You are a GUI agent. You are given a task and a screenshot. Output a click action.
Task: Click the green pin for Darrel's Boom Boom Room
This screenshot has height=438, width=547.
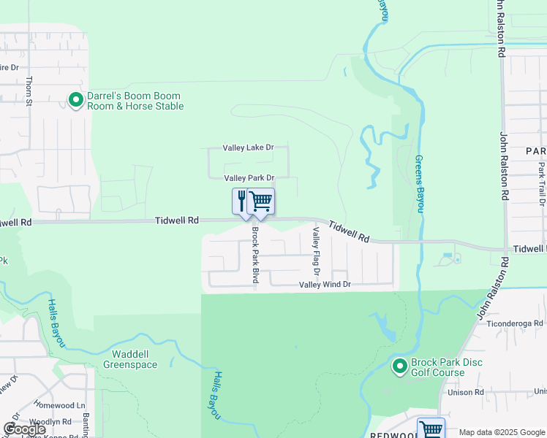point(75,100)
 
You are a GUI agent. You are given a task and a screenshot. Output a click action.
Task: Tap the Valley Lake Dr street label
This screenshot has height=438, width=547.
point(249,147)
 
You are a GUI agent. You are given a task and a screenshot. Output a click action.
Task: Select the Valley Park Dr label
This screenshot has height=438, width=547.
point(249,178)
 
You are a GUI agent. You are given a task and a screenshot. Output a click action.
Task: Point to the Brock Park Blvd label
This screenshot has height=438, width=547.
point(256,255)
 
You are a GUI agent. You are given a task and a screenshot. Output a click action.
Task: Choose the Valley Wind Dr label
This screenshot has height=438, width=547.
point(325,284)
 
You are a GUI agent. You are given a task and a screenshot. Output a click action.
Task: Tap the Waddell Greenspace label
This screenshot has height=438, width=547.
point(130,360)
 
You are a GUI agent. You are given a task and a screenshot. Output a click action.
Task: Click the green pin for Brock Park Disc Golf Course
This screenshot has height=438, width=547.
point(399,366)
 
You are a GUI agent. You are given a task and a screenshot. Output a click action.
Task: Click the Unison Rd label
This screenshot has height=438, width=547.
point(468,392)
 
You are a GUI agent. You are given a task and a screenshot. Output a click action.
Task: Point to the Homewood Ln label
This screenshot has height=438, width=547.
point(60,406)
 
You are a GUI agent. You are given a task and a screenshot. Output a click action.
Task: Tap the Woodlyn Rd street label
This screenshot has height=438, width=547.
point(50,422)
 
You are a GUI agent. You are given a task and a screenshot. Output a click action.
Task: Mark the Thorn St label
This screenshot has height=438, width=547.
point(29,91)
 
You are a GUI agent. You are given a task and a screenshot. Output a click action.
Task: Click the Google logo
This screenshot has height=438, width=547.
point(24,429)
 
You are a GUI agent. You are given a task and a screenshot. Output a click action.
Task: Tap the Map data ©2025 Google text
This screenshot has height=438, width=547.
point(501,432)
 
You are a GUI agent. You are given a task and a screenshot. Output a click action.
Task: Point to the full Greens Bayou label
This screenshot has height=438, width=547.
point(420,183)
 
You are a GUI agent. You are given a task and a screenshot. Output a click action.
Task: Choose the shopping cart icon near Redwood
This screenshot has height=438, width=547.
point(431,429)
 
